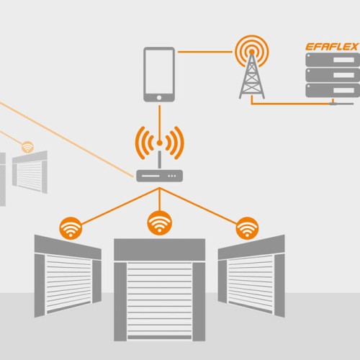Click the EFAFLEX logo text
point(332,47)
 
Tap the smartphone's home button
point(159,98)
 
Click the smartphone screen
point(159,71)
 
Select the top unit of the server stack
point(333,60)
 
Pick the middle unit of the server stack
point(333,75)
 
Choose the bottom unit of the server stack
point(333,90)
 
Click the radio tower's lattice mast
point(252,76)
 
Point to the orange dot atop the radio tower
point(252,52)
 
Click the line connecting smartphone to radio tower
point(205,52)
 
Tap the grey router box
point(159,176)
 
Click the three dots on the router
point(172,176)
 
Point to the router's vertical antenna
point(159,160)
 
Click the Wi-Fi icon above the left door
point(71,228)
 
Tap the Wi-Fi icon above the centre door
point(159,223)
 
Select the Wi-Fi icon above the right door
point(247,228)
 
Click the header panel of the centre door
point(159,250)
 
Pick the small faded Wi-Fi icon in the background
point(27,147)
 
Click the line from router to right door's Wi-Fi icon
point(198,206)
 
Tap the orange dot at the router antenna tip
point(159,143)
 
